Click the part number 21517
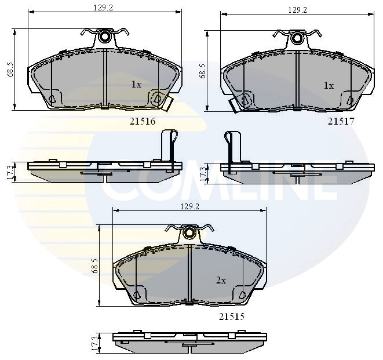[x=341, y=121]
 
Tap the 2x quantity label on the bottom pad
[x=221, y=280]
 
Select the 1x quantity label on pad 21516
[x=136, y=85]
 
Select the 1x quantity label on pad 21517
[x=329, y=85]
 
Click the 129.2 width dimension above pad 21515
[x=190, y=206]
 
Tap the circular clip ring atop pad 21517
[x=297, y=38]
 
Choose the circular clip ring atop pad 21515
[x=189, y=233]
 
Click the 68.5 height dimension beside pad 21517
[x=203, y=71]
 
